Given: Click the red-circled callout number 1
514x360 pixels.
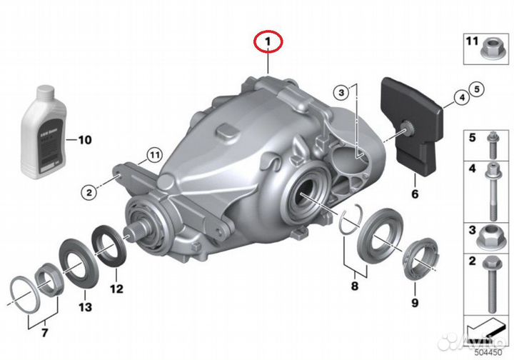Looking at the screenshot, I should click(x=268, y=44).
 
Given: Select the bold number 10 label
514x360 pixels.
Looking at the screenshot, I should click(x=85, y=140).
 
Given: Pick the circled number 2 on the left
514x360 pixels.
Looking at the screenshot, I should click(x=89, y=191).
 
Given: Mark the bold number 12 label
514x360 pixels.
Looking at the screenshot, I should click(x=116, y=289).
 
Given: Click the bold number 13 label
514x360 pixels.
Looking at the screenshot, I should click(x=85, y=308).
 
